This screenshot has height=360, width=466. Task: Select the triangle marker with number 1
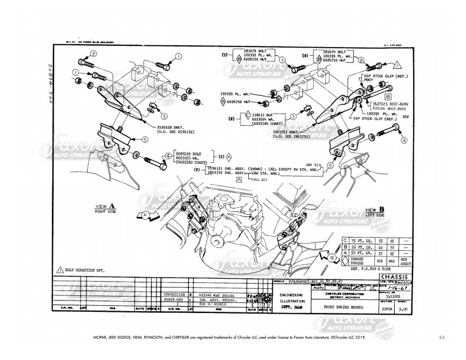(x=397, y=64)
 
